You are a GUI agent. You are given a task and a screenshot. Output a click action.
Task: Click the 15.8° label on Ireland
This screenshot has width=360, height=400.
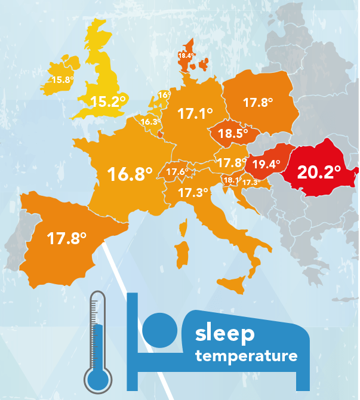(x=61, y=80)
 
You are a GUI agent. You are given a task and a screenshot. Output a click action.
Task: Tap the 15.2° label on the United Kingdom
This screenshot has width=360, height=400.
(x=108, y=101)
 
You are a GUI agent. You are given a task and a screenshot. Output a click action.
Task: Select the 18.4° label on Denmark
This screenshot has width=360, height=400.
(x=186, y=56)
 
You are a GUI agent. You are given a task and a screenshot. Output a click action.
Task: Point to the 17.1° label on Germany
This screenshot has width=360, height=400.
(x=195, y=113)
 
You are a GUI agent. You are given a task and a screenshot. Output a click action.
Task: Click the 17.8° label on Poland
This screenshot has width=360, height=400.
(x=258, y=103)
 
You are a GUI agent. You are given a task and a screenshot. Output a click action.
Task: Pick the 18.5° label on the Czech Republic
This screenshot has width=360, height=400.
(x=233, y=134)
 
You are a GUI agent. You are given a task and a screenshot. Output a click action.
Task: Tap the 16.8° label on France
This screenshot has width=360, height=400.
(x=130, y=174)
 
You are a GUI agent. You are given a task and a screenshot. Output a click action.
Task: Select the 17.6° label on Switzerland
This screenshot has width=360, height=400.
(x=177, y=172)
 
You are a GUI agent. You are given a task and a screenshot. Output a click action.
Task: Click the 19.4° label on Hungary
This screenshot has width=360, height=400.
(x=266, y=165)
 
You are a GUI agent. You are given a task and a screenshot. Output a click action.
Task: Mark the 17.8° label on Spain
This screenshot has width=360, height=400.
(x=67, y=238)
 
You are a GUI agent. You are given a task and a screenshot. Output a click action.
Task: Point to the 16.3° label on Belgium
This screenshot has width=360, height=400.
(x=150, y=122)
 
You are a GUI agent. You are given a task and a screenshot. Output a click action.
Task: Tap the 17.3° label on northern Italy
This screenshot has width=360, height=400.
(x=193, y=193)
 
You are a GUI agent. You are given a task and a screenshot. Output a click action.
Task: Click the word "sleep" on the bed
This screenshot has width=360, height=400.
(x=224, y=335)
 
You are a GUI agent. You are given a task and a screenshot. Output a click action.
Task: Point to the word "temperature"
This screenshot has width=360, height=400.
(x=246, y=357)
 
